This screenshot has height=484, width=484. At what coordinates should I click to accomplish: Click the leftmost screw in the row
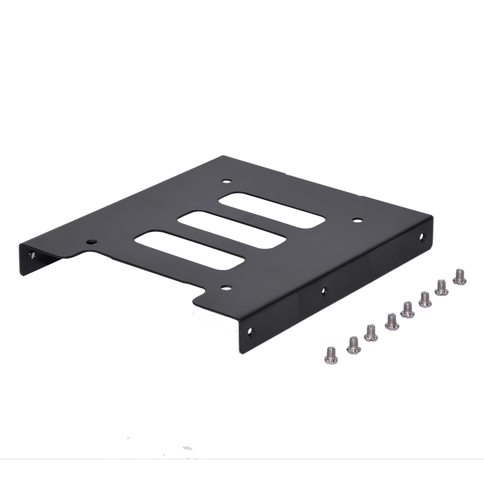pyautogui.click(x=331, y=355)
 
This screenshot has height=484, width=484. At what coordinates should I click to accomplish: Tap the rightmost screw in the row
pyautogui.click(x=459, y=276)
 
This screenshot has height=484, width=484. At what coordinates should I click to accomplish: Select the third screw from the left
pyautogui.click(x=371, y=333)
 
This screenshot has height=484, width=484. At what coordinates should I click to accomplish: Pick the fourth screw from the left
pyautogui.click(x=392, y=321)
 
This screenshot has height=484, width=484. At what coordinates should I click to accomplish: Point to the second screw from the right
pyautogui.click(x=441, y=287)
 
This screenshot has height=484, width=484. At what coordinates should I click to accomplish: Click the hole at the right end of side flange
pyautogui.click(x=422, y=237)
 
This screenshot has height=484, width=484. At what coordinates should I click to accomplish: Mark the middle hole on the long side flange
pyautogui.click(x=324, y=291)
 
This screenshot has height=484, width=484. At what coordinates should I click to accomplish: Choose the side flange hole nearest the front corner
pyautogui.click(x=250, y=332)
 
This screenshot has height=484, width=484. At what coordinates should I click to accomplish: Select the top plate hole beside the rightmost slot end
pyautogui.click(x=357, y=220)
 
